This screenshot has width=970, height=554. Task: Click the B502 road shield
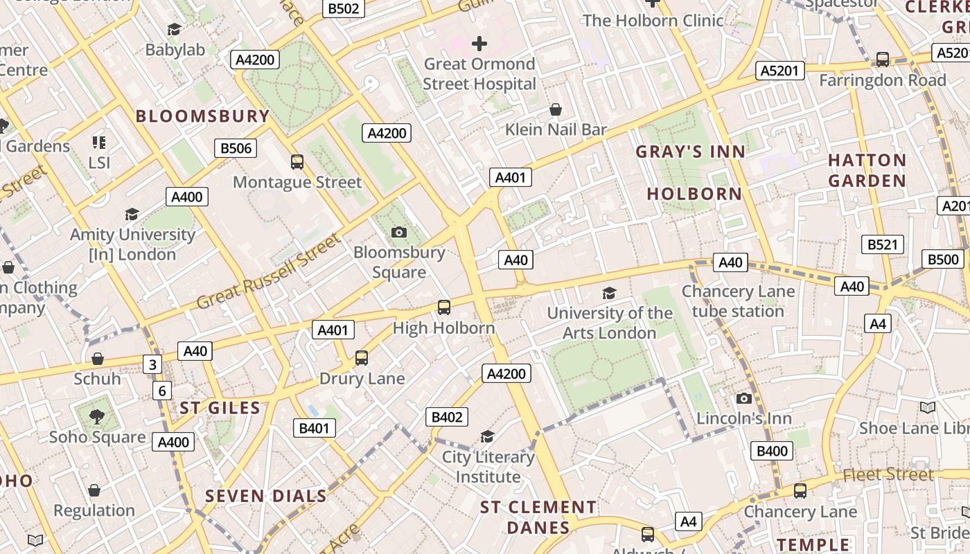[x=344, y=8]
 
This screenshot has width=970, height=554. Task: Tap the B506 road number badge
[x=236, y=148]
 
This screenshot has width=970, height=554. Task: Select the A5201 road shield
[x=780, y=70]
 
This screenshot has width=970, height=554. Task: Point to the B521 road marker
[x=883, y=244]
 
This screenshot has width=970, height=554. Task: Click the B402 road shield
[x=446, y=417]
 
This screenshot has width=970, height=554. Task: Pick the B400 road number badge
[x=772, y=452]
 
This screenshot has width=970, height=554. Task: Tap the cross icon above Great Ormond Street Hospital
[x=479, y=44]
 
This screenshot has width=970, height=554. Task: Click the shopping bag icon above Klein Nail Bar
[x=555, y=109]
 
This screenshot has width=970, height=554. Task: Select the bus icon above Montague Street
[x=297, y=162]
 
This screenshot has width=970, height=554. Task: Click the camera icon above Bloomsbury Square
[x=398, y=232]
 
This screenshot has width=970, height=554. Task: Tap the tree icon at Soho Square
[x=97, y=417]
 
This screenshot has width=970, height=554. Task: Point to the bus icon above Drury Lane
[x=362, y=358]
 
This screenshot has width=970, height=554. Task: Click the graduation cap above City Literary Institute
[x=488, y=436]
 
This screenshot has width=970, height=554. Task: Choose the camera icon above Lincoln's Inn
[x=743, y=398]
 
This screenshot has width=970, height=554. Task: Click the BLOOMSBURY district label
[x=202, y=116]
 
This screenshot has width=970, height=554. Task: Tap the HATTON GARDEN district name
[x=867, y=170]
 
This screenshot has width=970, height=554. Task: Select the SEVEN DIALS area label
[x=266, y=496]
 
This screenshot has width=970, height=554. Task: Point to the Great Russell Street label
[x=269, y=272]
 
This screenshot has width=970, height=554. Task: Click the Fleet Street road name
[x=888, y=474]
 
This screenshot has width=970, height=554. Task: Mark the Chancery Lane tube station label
[x=738, y=301]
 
